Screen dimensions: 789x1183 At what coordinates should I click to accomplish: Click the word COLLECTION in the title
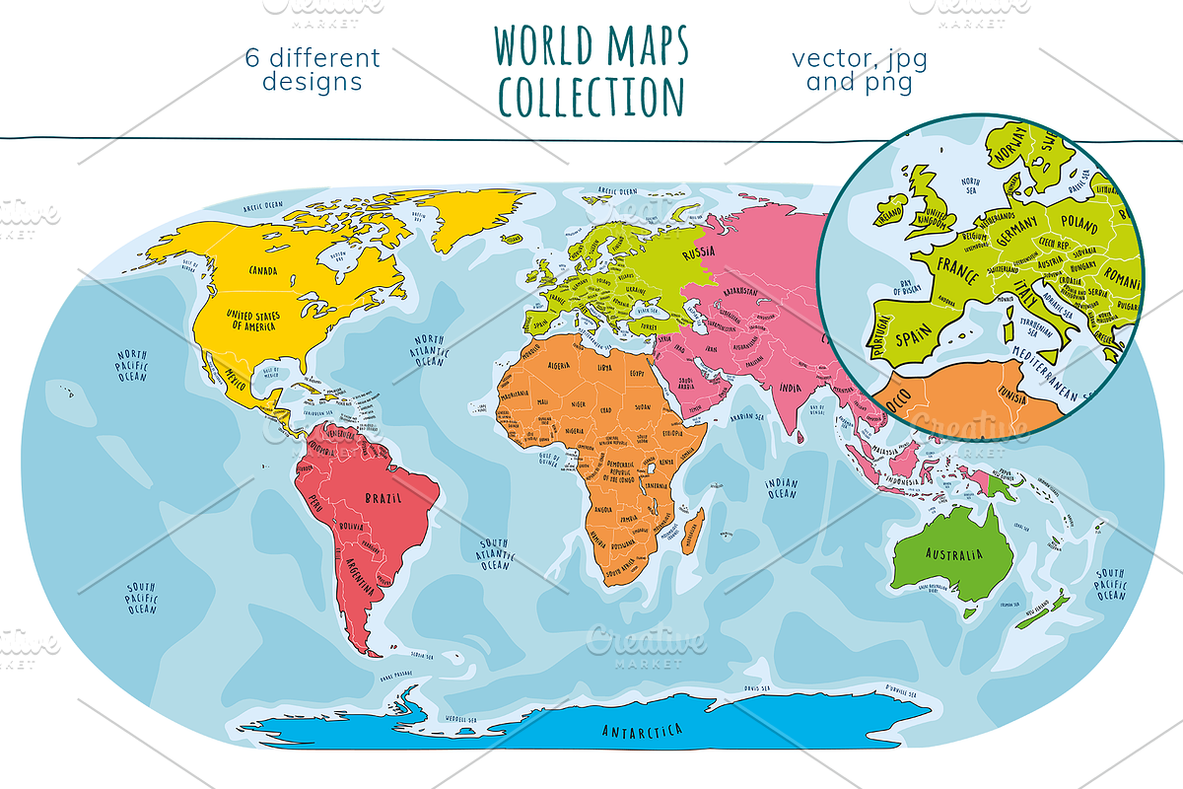click(x=591, y=96)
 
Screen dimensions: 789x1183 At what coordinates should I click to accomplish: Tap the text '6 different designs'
click(x=312, y=69)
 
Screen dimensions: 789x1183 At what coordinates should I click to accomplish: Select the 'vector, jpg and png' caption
click(x=859, y=69)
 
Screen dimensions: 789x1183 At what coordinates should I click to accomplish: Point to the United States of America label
click(x=253, y=319)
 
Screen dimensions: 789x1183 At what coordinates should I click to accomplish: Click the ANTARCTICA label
click(x=642, y=730)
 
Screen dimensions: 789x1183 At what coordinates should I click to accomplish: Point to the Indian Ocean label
click(x=781, y=487)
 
